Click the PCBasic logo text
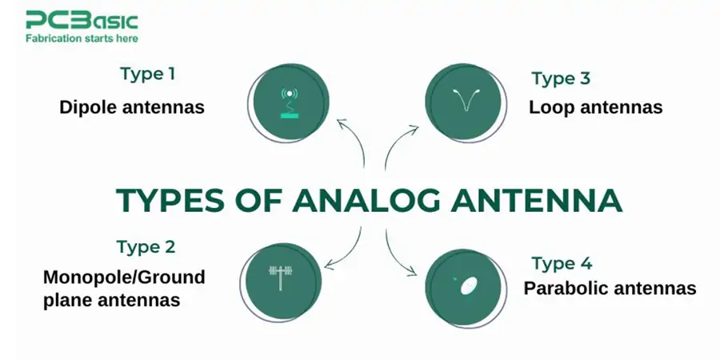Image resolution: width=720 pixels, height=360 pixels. [x=81, y=20]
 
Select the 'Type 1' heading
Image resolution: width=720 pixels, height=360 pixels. [x=148, y=74]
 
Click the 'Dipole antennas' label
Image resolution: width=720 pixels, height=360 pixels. [x=132, y=107]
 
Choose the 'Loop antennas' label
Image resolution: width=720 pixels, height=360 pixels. [x=595, y=107]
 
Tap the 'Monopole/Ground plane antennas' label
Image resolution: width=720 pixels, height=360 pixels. [x=123, y=289]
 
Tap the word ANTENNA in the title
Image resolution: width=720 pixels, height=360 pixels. [x=545, y=200]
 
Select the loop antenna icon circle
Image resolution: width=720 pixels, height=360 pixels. [x=463, y=99]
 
